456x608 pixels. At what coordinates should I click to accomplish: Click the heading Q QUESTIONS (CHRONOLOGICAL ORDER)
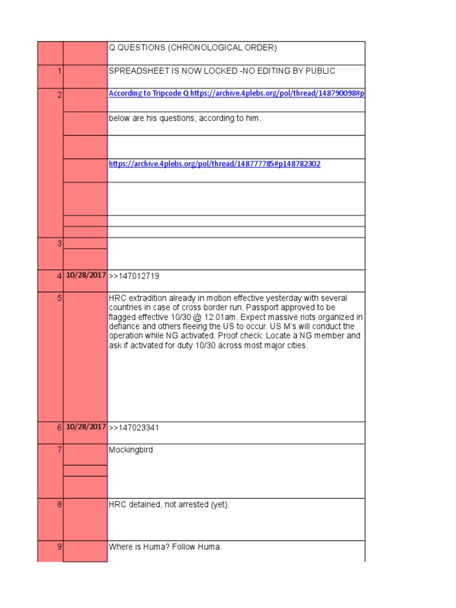click(x=192, y=48)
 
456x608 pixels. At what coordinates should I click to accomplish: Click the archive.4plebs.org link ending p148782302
click(x=214, y=164)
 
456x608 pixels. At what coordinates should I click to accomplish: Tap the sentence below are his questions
click(x=185, y=118)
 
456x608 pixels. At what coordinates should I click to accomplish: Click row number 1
click(x=59, y=71)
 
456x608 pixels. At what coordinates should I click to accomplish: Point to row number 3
click(x=59, y=243)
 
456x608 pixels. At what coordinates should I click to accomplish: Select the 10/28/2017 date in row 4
click(x=85, y=275)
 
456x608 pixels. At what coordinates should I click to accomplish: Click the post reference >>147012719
click(x=134, y=276)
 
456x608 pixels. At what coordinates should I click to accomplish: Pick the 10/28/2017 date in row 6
click(x=85, y=427)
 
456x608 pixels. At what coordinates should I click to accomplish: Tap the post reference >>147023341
click(x=134, y=428)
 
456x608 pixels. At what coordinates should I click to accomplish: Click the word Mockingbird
click(x=131, y=450)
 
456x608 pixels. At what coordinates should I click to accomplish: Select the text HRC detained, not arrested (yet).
click(x=169, y=505)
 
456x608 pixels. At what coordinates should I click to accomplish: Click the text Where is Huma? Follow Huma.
click(x=165, y=547)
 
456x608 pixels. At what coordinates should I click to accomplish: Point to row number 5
click(x=59, y=298)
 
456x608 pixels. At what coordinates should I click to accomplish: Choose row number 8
click(x=59, y=505)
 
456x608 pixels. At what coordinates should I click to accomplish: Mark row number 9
click(x=59, y=547)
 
